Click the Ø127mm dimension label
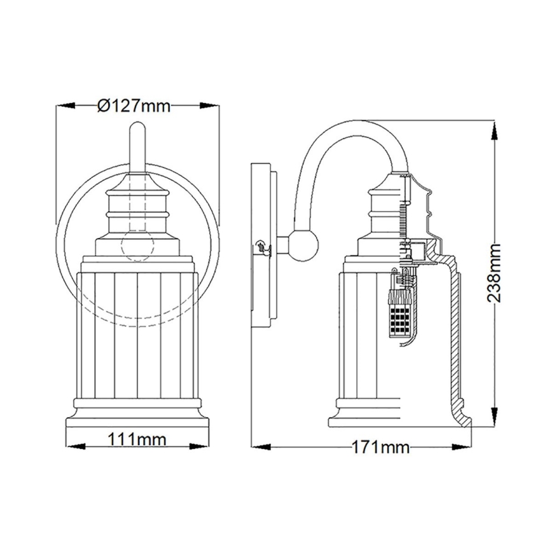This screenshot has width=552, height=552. pyautogui.click(x=134, y=106)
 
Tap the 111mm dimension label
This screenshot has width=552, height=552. pyautogui.click(x=138, y=439)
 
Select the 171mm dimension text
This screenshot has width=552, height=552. pyautogui.click(x=380, y=448)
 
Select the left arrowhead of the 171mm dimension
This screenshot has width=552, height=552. pyautogui.click(x=257, y=447)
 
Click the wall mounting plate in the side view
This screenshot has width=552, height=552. pyautogui.click(x=263, y=245)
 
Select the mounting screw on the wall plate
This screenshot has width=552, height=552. pyautogui.click(x=260, y=246)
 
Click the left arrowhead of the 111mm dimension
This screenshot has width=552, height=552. pyautogui.click(x=72, y=439)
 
